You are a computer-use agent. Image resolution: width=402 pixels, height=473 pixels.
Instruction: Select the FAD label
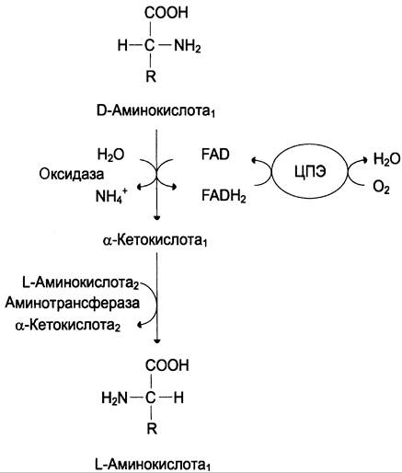(x=215, y=155)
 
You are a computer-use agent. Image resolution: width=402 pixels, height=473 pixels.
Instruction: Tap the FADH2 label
(x=224, y=195)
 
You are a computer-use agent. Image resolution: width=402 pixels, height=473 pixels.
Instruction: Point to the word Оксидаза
(x=72, y=174)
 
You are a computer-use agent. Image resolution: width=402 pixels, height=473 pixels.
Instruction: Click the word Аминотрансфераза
(x=73, y=303)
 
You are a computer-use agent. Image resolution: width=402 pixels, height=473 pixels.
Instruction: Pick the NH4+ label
(x=111, y=196)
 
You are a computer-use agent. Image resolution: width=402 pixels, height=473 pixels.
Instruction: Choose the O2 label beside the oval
(x=381, y=187)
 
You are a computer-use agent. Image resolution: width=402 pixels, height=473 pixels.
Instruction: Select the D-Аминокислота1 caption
(x=155, y=111)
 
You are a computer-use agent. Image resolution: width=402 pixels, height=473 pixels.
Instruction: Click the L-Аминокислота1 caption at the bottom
(x=153, y=465)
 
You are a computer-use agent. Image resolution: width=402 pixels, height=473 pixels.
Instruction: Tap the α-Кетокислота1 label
(x=155, y=240)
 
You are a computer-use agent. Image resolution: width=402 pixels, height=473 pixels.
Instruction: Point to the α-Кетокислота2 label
(x=68, y=325)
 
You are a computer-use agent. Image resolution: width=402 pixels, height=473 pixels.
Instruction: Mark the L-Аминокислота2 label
(x=81, y=283)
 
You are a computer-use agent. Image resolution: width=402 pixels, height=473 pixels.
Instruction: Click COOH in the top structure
(x=167, y=13)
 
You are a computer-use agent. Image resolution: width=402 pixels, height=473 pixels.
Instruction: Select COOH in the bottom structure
(x=167, y=365)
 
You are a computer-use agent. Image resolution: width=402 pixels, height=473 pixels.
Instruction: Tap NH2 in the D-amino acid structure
(x=188, y=47)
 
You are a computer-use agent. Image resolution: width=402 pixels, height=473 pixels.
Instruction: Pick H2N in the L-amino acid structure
(x=114, y=398)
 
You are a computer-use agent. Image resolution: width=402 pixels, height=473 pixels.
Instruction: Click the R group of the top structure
(x=151, y=76)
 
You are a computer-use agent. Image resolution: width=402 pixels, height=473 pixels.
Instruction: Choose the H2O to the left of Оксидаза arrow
(x=110, y=155)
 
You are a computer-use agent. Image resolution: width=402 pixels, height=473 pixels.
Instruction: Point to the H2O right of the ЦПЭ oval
(x=386, y=159)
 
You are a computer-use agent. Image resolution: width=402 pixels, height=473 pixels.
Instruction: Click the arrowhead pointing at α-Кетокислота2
(x=140, y=325)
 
